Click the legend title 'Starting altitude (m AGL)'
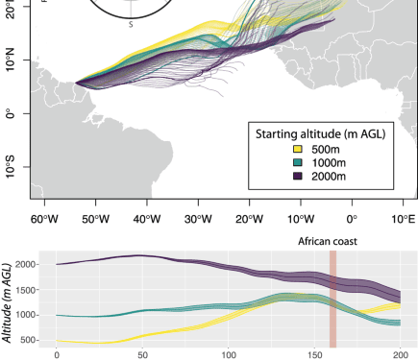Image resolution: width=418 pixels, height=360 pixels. tap(317, 133)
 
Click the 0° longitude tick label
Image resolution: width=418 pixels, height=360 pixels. tap(351, 217)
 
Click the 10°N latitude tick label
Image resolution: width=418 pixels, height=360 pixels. tap(13, 62)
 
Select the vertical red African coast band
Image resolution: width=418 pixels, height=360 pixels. tap(333, 298)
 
